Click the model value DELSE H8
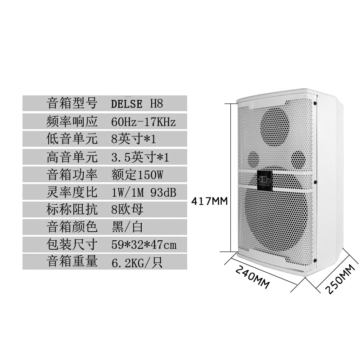(136, 103)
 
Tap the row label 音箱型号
(72, 103)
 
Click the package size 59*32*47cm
(143, 245)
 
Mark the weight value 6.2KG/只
(135, 263)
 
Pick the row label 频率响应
(72, 121)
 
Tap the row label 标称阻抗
(72, 210)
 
